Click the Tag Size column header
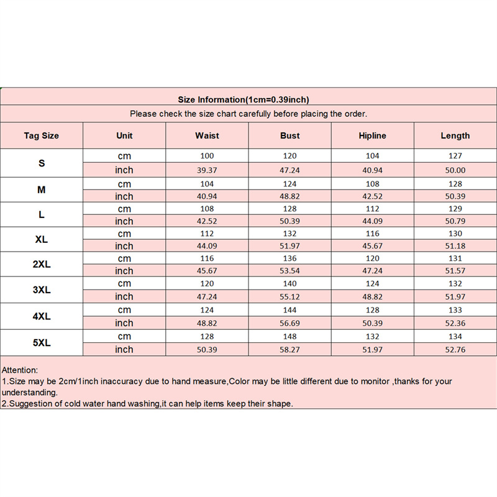pos(42,135)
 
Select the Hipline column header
pos(372,135)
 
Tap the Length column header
pos(455,135)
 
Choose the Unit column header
pos(124,135)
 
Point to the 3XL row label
pos(42,290)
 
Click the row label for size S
pos(42,163)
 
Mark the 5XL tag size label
pos(42,342)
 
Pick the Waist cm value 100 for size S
pos(207,156)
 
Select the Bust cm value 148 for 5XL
pos(290,336)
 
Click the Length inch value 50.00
pos(455,170)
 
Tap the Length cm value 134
pos(455,336)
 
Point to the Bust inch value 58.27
pos(290,350)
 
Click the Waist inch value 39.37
pos(207,170)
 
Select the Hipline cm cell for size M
pos(372,184)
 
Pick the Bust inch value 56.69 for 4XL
pos(290,323)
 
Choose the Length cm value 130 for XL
pos(455,234)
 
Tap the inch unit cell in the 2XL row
pos(124,271)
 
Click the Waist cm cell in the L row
pos(207,209)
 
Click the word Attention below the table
pos(20,369)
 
